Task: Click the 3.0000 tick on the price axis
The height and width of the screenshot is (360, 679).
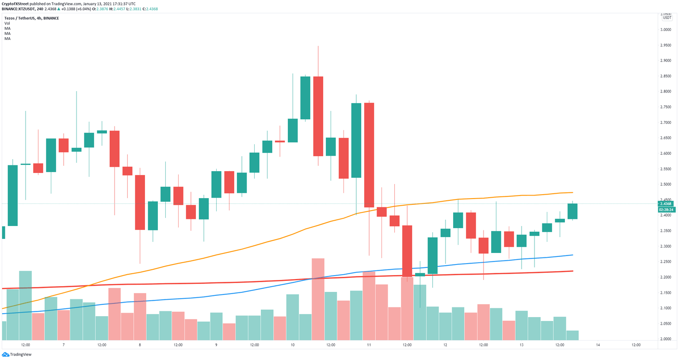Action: [665, 30]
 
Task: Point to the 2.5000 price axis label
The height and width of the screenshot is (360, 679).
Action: [665, 184]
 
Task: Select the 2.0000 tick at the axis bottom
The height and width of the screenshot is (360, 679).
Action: [665, 339]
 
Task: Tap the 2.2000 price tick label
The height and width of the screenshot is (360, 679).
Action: [665, 277]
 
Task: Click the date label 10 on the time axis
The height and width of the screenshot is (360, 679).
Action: [293, 345]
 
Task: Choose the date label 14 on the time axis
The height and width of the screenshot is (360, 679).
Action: [598, 345]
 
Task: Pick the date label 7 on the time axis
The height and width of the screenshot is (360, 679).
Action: [64, 345]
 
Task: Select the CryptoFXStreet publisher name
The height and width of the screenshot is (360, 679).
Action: [15, 4]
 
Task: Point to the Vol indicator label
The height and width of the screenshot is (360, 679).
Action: [7, 23]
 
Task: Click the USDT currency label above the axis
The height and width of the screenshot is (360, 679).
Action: [667, 18]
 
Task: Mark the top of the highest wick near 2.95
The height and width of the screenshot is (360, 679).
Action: [318, 46]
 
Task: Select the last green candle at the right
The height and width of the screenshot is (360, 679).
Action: [572, 211]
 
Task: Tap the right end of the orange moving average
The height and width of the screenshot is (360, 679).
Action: [573, 192]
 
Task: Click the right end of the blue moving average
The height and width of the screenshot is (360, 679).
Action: [573, 255]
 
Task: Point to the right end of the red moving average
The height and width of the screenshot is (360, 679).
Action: [573, 271]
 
